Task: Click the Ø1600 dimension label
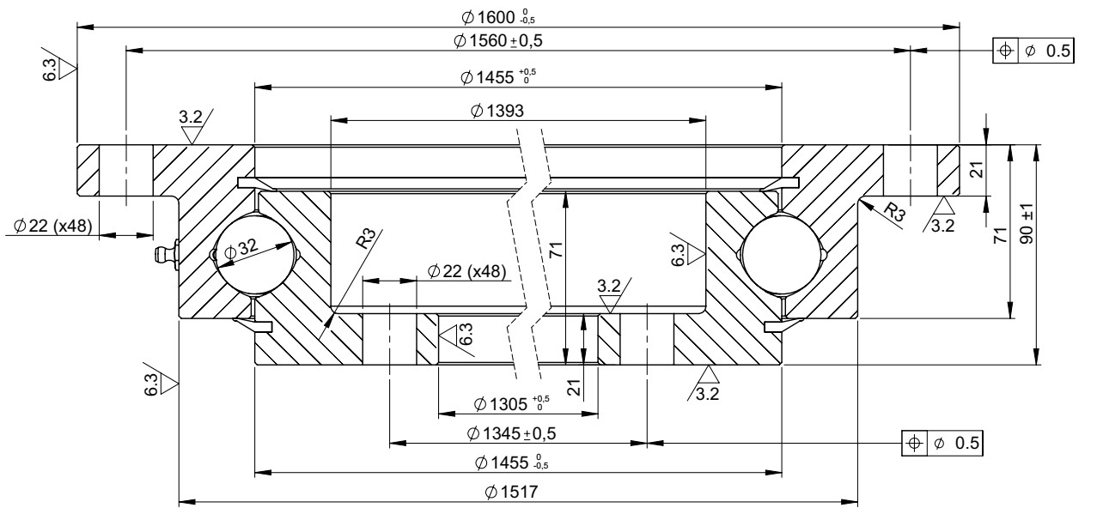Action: click(x=498, y=17)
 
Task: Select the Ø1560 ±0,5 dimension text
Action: click(x=498, y=40)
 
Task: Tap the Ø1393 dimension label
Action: click(x=497, y=111)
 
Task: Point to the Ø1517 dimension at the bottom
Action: click(x=511, y=492)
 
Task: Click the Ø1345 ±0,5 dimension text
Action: click(x=512, y=433)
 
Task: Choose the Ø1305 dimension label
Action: click(x=512, y=403)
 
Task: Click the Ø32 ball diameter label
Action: click(x=241, y=249)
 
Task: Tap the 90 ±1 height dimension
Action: click(x=1027, y=223)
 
